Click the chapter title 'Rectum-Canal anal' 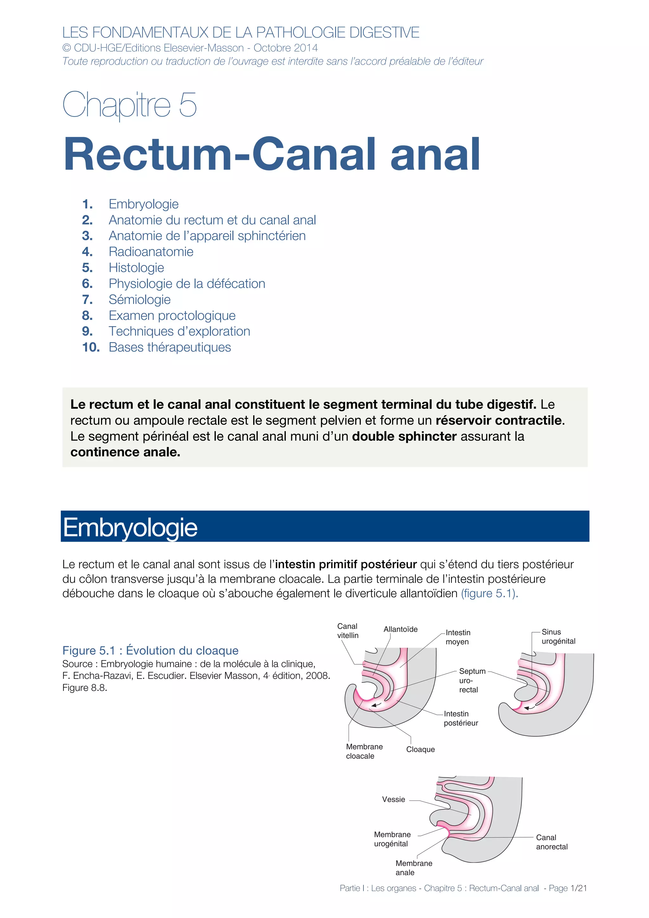tap(272, 154)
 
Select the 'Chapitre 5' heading tap(129, 104)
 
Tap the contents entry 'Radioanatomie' tap(151, 252)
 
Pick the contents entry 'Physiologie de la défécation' tap(187, 284)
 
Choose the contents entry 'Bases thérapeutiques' tap(170, 347)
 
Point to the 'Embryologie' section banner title tap(130, 527)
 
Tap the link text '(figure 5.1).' tap(490, 593)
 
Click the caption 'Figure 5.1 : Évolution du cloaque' tap(150, 651)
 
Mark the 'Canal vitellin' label tap(348, 631)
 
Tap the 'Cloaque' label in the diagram tap(420, 749)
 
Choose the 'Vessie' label tap(394, 799)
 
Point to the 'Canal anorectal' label tap(551, 842)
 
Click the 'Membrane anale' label tap(413, 868)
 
